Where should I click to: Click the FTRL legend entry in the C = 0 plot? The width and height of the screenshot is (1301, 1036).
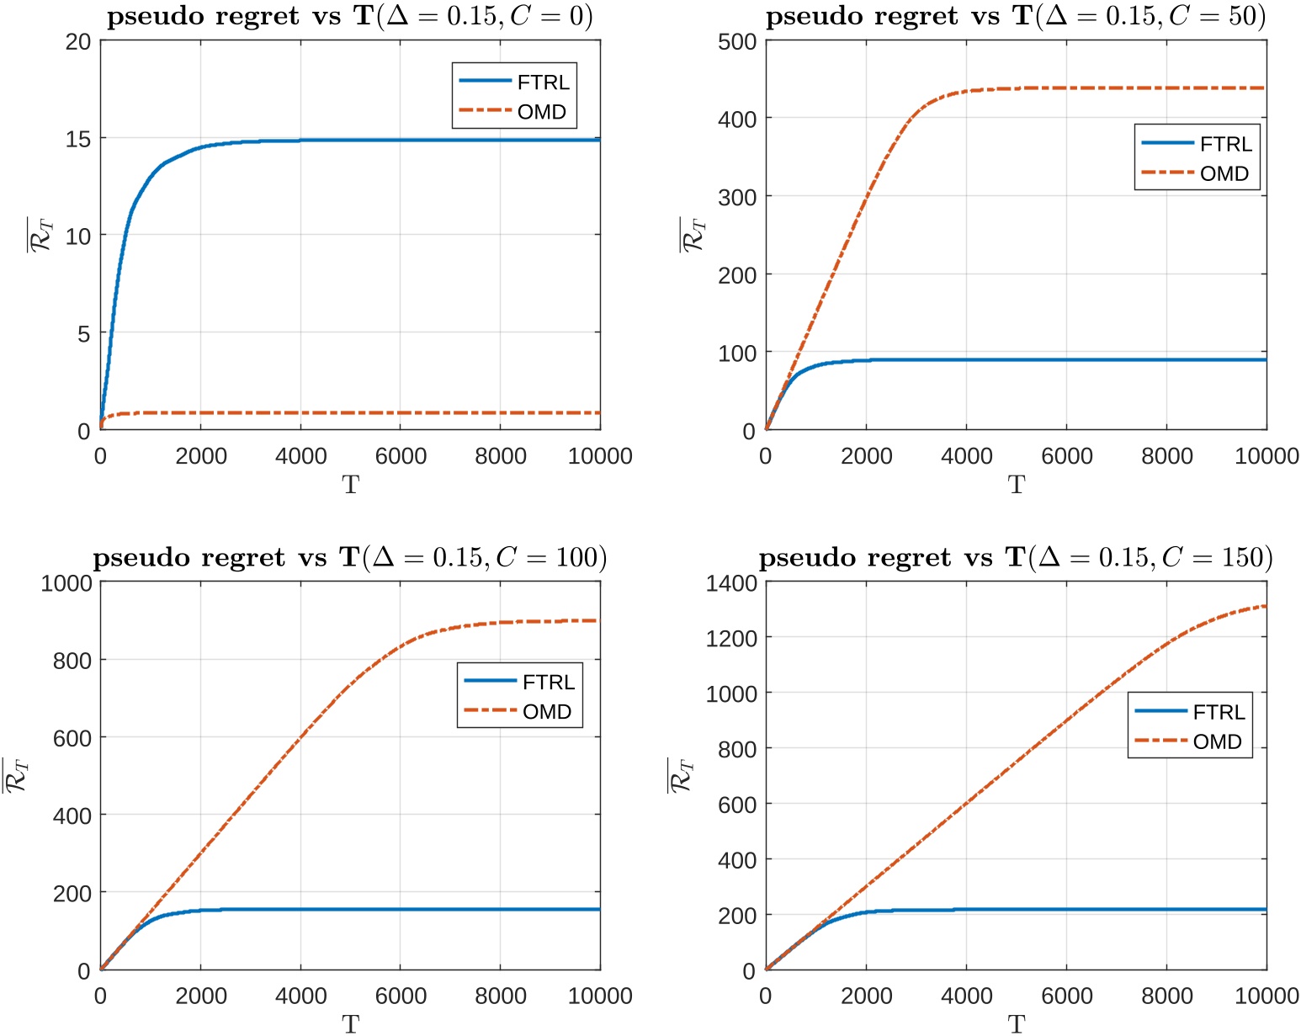[543, 82]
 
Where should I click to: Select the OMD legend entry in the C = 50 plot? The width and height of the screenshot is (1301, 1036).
[1224, 174]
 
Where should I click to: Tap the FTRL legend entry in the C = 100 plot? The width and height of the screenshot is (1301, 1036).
[548, 683]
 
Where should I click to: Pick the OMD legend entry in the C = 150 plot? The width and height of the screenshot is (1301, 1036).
[1217, 742]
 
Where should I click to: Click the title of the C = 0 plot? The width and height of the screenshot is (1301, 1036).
[350, 17]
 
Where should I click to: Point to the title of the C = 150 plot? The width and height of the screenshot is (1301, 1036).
[1016, 558]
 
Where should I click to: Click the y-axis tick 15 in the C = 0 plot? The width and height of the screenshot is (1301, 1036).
[78, 139]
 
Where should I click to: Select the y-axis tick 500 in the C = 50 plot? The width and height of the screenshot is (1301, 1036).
[737, 42]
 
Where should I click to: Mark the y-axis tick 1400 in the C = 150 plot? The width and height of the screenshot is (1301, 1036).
[731, 583]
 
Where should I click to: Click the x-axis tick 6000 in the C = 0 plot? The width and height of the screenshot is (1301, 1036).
[401, 456]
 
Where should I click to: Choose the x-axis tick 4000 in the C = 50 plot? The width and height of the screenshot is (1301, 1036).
[966, 456]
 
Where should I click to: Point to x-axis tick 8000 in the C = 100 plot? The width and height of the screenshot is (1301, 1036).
[501, 996]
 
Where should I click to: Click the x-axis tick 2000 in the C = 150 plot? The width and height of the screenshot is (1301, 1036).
[866, 996]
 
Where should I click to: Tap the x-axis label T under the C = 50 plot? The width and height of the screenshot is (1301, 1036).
[1017, 485]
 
